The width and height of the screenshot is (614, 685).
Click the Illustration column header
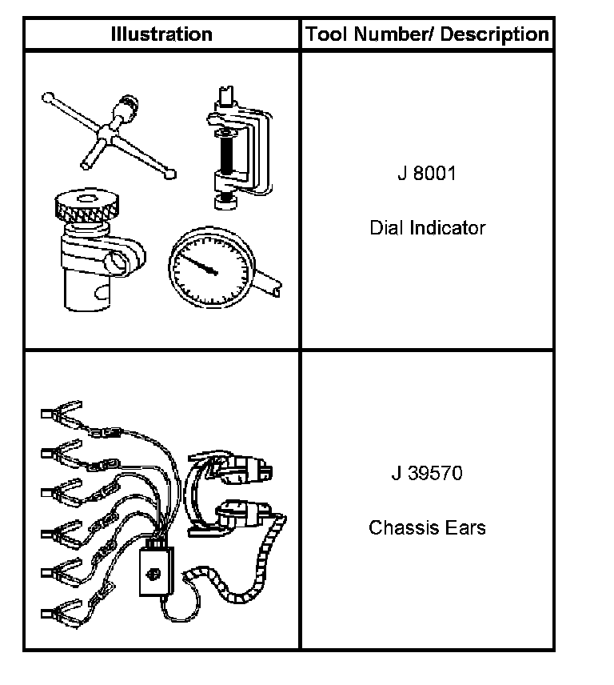[161, 34]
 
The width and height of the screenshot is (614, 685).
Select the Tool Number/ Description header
[427, 34]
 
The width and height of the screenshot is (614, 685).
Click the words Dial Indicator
[427, 228]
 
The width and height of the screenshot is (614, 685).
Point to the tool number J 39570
[427, 473]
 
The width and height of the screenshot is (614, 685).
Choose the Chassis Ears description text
[427, 528]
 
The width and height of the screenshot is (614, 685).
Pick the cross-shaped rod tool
[112, 132]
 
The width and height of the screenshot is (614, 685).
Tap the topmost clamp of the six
[61, 414]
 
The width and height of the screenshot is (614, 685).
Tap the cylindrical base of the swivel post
[84, 284]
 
